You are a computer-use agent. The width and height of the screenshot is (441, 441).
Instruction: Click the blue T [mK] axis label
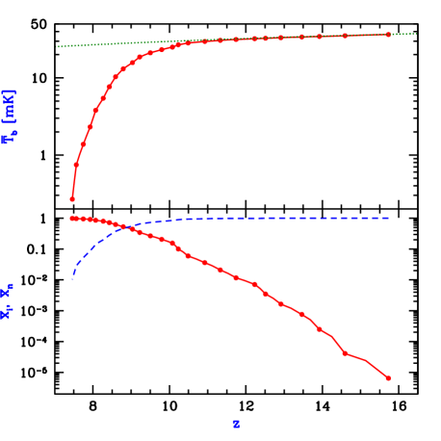10,116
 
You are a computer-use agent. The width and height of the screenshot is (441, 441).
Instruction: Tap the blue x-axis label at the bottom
236,424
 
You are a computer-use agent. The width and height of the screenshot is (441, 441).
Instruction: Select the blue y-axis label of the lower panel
7,301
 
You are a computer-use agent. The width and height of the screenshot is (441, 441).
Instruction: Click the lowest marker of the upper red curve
72,199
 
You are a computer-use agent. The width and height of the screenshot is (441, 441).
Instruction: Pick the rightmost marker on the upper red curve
388,35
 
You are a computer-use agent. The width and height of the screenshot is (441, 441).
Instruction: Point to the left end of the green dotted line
58,46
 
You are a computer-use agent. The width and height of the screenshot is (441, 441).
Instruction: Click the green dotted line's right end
416,34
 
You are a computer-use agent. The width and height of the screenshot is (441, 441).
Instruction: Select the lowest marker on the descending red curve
388,377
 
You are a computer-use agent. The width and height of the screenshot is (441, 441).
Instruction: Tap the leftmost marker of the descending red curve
72,219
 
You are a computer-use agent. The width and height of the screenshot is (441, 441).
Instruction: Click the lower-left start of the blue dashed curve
72,279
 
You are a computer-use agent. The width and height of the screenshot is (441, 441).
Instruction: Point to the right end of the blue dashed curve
389,218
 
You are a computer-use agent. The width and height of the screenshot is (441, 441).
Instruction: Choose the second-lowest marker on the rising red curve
76,165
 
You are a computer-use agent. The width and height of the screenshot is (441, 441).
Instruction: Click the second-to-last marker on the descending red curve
345,353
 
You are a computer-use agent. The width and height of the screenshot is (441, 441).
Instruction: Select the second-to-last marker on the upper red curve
345,36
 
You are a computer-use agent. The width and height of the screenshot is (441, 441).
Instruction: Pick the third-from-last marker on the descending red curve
320,329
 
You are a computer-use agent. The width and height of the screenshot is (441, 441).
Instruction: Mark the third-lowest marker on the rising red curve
84,144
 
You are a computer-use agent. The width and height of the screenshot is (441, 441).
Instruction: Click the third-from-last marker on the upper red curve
320,37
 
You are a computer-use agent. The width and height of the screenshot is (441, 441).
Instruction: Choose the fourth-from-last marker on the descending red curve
301,314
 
